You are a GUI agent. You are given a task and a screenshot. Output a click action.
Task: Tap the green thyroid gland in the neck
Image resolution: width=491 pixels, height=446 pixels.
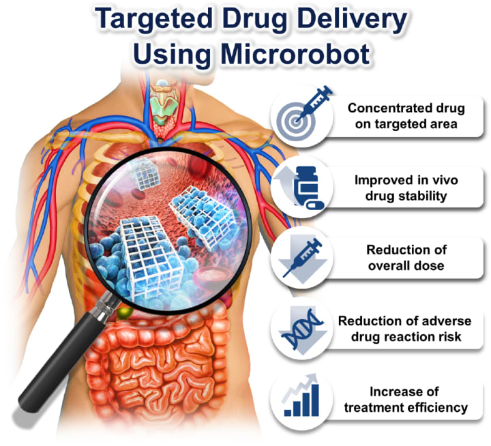click(162, 103)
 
